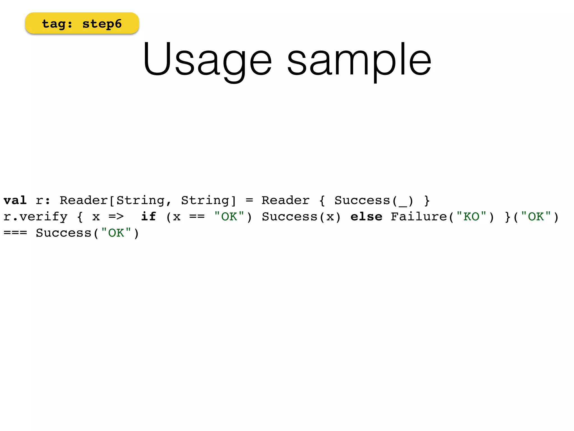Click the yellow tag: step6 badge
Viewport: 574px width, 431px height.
tap(82, 24)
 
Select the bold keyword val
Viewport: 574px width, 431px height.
tap(15, 200)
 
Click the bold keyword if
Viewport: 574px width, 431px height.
tap(148, 217)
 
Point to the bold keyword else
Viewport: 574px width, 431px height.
tap(366, 217)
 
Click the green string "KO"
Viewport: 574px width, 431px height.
tap(471, 216)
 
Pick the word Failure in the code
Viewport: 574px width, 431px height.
tap(419, 217)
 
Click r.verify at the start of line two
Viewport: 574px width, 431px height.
tap(36, 217)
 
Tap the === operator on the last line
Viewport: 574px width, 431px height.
tap(15, 233)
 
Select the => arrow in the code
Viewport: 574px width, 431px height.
tap(116, 217)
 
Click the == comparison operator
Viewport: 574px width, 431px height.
tap(197, 217)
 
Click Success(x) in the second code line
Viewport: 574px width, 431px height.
tap(301, 217)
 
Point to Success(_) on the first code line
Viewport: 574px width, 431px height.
tap(374, 200)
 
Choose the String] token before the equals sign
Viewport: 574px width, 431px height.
tap(209, 200)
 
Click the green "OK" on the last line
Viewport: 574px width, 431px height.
tap(116, 233)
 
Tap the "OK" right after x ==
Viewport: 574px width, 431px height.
tap(229, 216)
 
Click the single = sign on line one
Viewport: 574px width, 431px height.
tap(249, 200)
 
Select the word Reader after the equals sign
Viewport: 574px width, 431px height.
tap(285, 200)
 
